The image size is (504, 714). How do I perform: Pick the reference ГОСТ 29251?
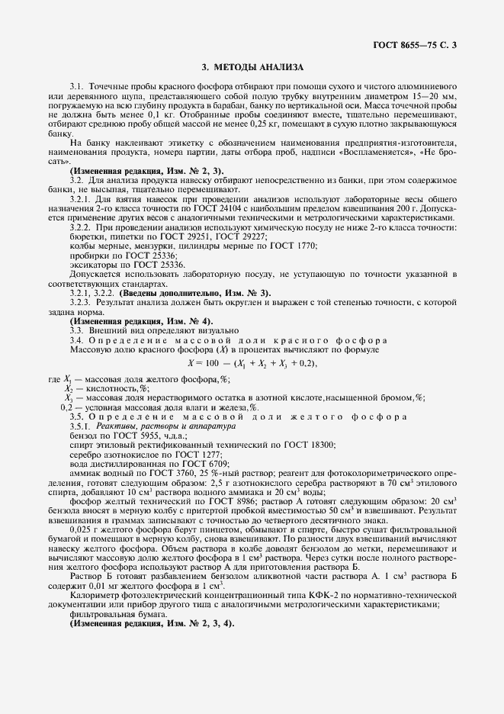click(x=178, y=237)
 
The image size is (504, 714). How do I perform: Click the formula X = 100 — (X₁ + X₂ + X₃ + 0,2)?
click(x=252, y=363)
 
